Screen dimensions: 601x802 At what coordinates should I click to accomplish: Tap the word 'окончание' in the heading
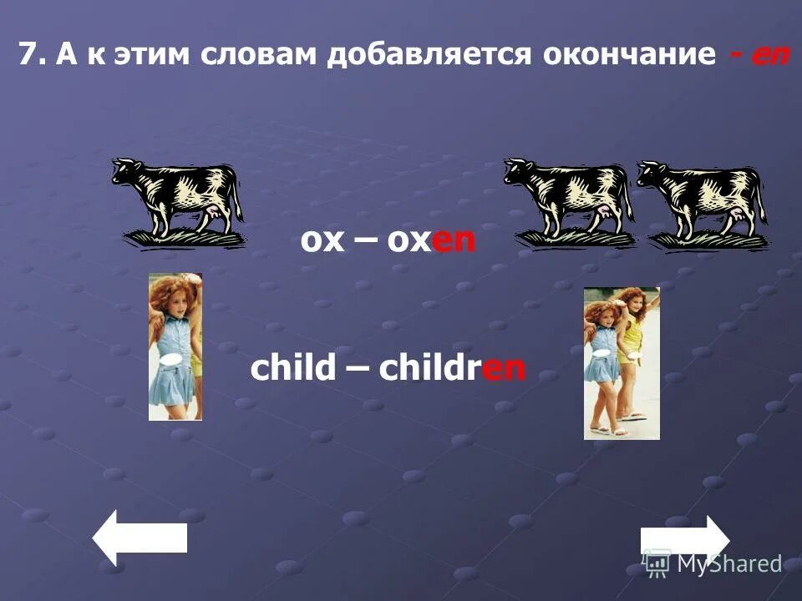pos(629,56)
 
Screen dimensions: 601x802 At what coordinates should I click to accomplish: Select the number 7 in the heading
pos(28,56)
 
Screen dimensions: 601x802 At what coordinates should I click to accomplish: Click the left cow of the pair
pos(568,200)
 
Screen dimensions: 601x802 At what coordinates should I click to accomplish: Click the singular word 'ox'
pos(322,242)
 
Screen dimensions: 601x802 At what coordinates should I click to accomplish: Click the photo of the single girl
pos(175,346)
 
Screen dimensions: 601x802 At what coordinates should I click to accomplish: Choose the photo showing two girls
pos(622,363)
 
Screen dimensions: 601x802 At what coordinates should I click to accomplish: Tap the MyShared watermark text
pos(728,564)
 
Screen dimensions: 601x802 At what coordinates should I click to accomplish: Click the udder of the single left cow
pos(218,217)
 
